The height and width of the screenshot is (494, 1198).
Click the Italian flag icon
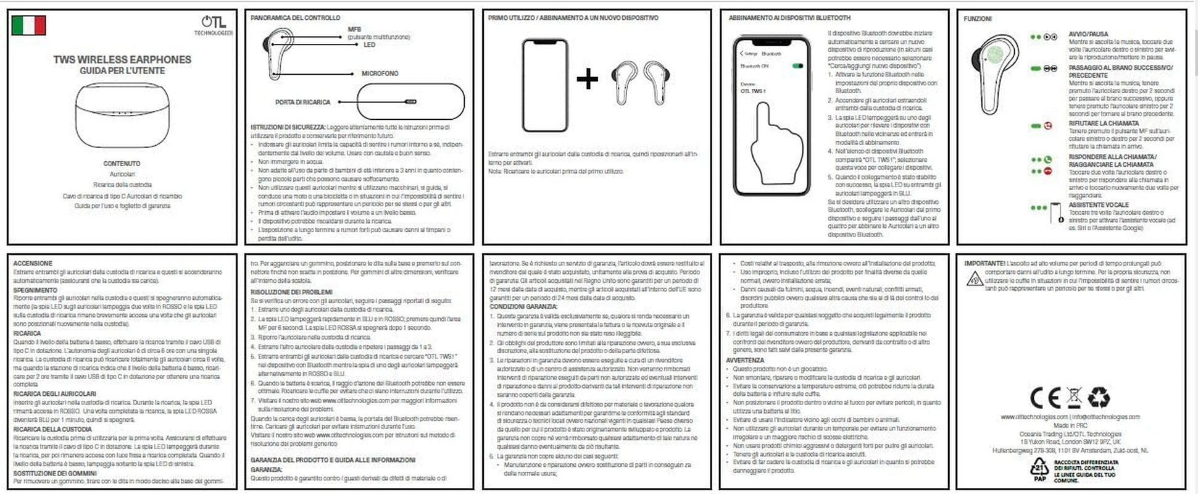[x=29, y=25]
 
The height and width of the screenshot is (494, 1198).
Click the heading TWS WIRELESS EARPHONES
[x=122, y=59]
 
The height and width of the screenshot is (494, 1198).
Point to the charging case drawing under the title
[x=122, y=115]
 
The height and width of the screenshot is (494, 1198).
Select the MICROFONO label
[x=380, y=73]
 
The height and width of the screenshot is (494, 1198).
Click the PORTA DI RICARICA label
[x=303, y=102]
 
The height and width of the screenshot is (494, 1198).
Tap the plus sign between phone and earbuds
[x=587, y=78]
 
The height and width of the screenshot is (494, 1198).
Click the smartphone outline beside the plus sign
[x=544, y=85]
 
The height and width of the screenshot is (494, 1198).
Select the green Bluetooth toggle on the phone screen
[x=797, y=65]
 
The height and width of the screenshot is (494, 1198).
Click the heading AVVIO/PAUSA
[x=1088, y=35]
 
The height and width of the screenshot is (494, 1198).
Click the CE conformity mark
[x=1046, y=397]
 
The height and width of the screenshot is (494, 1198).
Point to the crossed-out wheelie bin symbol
[x=1074, y=397]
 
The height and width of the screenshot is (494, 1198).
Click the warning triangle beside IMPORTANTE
[x=975, y=279]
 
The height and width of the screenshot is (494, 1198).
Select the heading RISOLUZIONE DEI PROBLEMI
[x=291, y=292]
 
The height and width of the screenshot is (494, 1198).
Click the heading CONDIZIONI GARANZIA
[x=523, y=307]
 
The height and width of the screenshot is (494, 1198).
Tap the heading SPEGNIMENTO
[x=35, y=290]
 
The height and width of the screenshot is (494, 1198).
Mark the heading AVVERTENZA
[x=745, y=360]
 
